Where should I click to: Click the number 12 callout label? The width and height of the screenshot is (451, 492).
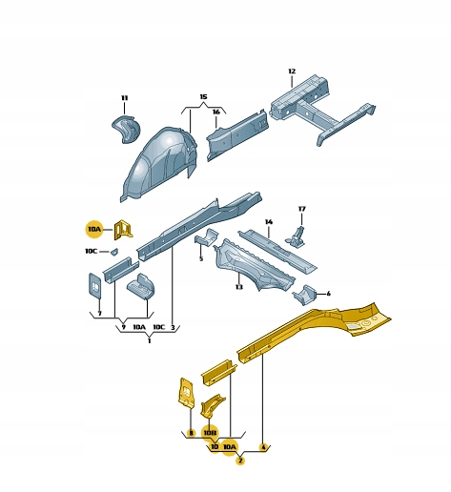click(292, 72)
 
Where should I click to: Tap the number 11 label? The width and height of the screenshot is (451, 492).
click(124, 98)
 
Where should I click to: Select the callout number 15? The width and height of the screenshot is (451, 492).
click(203, 96)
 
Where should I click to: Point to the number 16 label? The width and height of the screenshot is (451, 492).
click(216, 112)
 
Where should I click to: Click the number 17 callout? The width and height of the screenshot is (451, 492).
click(301, 209)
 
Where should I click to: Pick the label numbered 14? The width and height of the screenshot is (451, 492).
click(269, 221)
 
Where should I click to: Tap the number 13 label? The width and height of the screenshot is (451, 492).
click(239, 287)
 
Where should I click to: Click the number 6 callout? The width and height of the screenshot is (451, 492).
click(328, 294)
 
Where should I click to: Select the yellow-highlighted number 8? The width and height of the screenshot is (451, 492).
click(191, 433)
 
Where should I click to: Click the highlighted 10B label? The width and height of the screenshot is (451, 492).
click(210, 433)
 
